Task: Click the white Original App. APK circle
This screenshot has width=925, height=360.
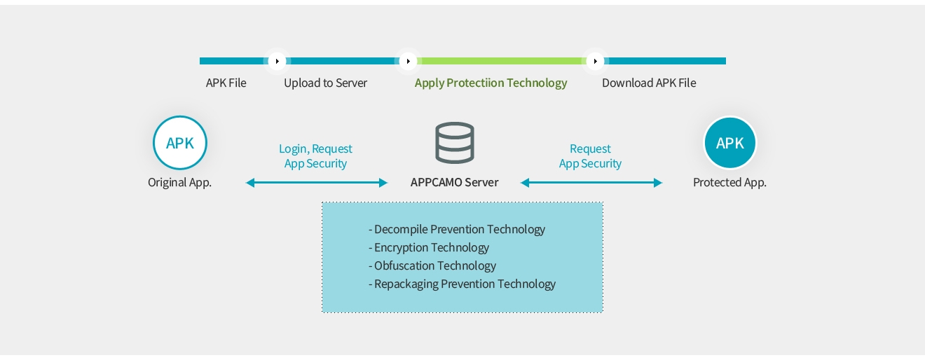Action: [180, 143]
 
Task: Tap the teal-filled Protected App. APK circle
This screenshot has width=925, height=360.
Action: [729, 143]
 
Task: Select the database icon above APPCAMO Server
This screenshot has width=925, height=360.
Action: [454, 143]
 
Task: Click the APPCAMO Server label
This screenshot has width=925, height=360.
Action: [454, 182]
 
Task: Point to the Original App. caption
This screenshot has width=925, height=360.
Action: [179, 182]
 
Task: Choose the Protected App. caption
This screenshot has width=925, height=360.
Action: [729, 182]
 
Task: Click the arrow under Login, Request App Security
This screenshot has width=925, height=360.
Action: [317, 183]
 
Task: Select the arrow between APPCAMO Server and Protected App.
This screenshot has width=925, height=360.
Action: [591, 183]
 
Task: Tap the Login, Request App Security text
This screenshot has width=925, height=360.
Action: [315, 156]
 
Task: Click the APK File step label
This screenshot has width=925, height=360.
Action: [226, 83]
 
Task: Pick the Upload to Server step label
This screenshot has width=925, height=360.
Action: [325, 83]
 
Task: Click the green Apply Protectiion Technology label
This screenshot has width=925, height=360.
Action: [491, 83]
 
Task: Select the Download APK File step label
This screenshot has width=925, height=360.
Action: [649, 83]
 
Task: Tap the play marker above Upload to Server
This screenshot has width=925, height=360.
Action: [277, 61]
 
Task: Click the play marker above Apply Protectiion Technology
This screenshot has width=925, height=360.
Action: [408, 61]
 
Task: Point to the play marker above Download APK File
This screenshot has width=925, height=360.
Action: [595, 61]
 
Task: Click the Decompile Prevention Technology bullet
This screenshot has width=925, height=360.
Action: [457, 229]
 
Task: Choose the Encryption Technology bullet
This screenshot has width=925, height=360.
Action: [429, 247]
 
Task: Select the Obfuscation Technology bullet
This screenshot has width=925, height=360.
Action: [432, 265]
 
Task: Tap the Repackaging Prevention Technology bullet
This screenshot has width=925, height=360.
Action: [462, 284]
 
